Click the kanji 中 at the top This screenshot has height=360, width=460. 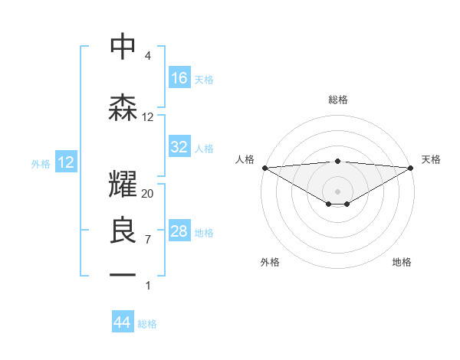click(x=123, y=47)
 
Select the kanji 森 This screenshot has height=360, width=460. click(x=123, y=109)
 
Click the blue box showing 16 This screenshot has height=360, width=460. click(x=179, y=78)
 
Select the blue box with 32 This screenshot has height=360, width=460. click(x=179, y=148)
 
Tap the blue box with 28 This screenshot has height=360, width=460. click(x=179, y=231)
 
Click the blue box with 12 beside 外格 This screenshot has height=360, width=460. click(x=65, y=162)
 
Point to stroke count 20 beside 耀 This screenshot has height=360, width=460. click(x=148, y=194)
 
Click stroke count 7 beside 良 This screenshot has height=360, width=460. click(x=148, y=240)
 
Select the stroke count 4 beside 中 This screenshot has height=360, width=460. click(x=148, y=56)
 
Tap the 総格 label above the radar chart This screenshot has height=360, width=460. click(x=337, y=100)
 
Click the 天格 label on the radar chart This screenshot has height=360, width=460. click(x=431, y=159)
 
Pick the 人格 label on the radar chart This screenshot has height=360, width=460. click(x=244, y=159)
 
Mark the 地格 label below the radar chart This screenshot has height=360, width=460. click(x=402, y=262)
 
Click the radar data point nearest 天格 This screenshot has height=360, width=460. click(x=410, y=167)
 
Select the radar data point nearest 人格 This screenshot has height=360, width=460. click(x=264, y=167)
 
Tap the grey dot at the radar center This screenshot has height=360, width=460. click(x=337, y=190)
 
